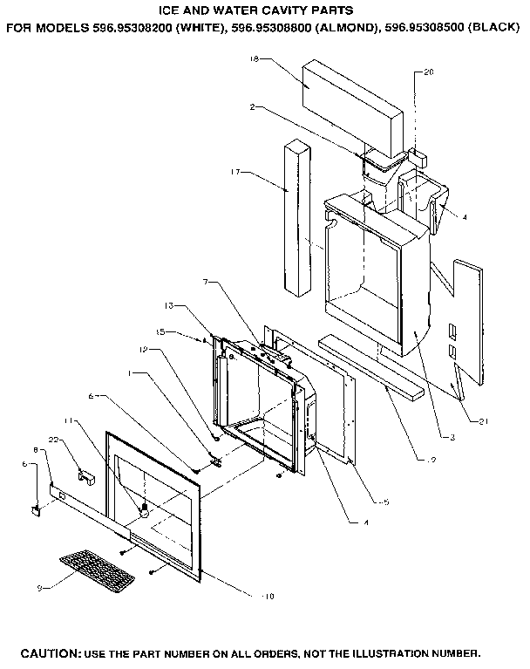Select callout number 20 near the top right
pos(428,72)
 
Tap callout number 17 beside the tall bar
pos(235,172)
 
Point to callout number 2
pos(251,107)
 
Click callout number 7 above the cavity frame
pos(206,283)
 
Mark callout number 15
pos(160,331)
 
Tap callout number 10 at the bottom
pos(268,596)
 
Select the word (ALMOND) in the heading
pos(342,28)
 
